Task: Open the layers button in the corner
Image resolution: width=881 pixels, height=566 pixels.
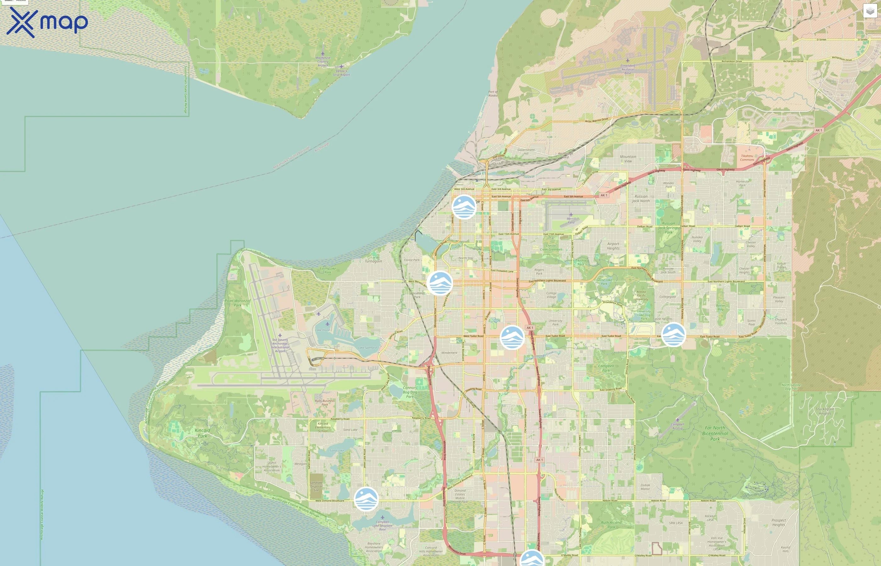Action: pyautogui.click(x=870, y=11)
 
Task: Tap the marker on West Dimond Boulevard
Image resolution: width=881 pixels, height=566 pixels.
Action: pyautogui.click(x=366, y=499)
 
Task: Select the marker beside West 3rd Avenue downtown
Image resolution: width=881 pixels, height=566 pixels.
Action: pyautogui.click(x=464, y=207)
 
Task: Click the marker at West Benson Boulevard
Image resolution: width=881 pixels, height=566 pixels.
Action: pyautogui.click(x=440, y=283)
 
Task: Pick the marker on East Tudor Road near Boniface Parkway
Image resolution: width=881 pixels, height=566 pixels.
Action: pyautogui.click(x=673, y=335)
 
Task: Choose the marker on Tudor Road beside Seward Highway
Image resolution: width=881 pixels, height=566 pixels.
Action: pyautogui.click(x=512, y=337)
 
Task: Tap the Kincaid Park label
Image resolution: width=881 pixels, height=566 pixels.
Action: pyautogui.click(x=202, y=433)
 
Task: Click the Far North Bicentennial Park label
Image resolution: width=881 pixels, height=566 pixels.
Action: pyautogui.click(x=715, y=433)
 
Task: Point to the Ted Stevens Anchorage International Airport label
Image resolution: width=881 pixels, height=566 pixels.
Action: pyautogui.click(x=280, y=346)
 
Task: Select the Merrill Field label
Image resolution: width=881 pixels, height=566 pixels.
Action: pyautogui.click(x=571, y=220)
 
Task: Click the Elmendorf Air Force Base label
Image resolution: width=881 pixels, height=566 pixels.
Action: pyautogui.click(x=628, y=69)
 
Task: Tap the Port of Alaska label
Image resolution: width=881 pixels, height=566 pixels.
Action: pyautogui.click(x=493, y=94)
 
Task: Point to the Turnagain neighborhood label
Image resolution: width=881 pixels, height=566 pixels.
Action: pyautogui.click(x=373, y=261)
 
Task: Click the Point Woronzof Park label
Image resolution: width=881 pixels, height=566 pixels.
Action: pyautogui.click(x=238, y=303)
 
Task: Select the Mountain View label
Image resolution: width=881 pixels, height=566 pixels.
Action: pyautogui.click(x=628, y=159)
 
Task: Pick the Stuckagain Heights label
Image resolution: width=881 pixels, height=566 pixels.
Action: pyautogui.click(x=825, y=411)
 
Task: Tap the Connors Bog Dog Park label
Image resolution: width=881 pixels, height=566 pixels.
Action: pyautogui.click(x=410, y=392)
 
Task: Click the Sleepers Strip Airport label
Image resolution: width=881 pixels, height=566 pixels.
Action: pyautogui.click(x=341, y=73)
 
